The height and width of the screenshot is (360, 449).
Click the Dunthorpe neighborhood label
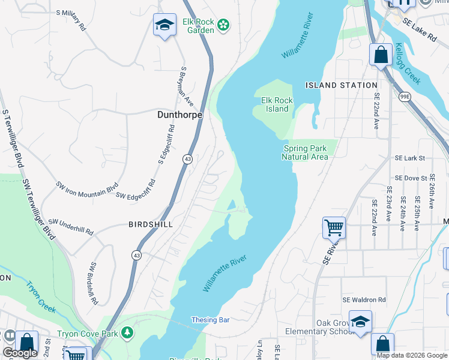click(x=179, y=114)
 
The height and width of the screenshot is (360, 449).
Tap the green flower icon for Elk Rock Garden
click(x=223, y=25)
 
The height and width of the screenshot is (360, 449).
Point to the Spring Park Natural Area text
click(x=305, y=152)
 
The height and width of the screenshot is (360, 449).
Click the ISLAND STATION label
click(x=341, y=85)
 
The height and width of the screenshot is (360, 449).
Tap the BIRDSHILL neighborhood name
click(x=151, y=224)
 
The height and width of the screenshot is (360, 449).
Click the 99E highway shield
click(x=404, y=96)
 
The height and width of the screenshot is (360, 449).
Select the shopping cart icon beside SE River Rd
click(x=334, y=227)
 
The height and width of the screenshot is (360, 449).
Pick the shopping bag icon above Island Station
click(x=380, y=55)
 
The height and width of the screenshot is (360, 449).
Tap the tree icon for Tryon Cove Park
click(x=127, y=332)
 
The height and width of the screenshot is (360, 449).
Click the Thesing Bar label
click(x=210, y=320)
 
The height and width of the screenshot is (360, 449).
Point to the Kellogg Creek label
click(x=408, y=64)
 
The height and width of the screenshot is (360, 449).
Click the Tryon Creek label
click(x=41, y=296)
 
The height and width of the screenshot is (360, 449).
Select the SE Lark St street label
click(x=409, y=158)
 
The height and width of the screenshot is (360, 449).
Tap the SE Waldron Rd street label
click(x=364, y=300)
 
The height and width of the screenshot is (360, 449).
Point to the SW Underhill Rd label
click(x=70, y=226)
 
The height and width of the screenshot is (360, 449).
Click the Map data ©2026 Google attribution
click(x=411, y=355)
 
